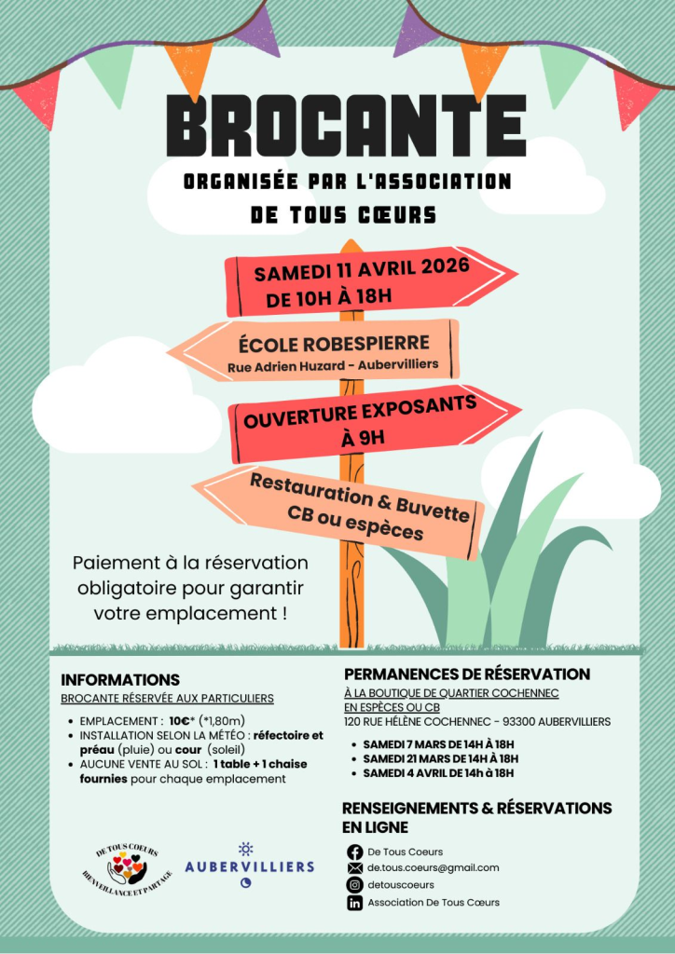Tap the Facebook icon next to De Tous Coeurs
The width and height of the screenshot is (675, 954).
(x=354, y=852)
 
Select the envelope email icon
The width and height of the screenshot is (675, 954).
(x=354, y=868)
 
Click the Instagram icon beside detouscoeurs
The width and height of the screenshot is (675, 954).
(x=354, y=885)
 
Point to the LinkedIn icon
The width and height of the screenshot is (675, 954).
(x=354, y=902)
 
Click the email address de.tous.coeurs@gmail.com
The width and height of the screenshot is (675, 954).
(x=433, y=868)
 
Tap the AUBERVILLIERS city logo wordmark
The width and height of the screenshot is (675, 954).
(x=249, y=866)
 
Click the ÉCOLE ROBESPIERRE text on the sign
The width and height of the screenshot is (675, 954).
(x=333, y=342)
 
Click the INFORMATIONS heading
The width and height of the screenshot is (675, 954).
(x=120, y=680)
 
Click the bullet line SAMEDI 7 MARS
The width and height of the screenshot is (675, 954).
(x=438, y=744)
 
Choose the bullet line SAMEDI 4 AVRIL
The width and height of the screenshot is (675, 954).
(x=438, y=773)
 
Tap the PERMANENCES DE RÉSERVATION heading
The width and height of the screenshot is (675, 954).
(x=467, y=674)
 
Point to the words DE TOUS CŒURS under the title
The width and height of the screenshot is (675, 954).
(x=343, y=214)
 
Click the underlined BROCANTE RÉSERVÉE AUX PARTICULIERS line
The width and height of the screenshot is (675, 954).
(x=167, y=699)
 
